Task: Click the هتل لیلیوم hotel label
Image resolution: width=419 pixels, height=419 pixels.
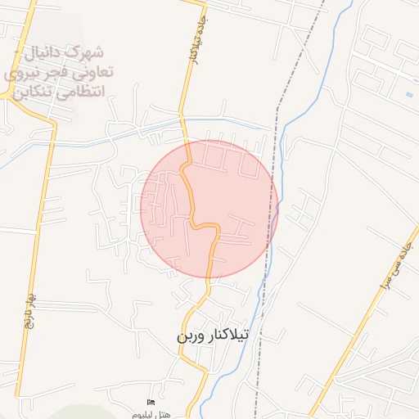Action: point(152,414)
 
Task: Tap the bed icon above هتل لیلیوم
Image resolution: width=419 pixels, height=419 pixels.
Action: point(150,403)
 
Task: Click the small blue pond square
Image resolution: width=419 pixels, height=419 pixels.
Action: point(408,93)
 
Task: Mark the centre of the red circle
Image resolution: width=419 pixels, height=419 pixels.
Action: point(209,209)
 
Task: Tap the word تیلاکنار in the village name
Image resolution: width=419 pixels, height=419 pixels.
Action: point(235,336)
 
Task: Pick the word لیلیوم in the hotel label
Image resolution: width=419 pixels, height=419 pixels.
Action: point(144,414)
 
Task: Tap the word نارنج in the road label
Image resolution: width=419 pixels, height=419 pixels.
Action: point(29,319)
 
